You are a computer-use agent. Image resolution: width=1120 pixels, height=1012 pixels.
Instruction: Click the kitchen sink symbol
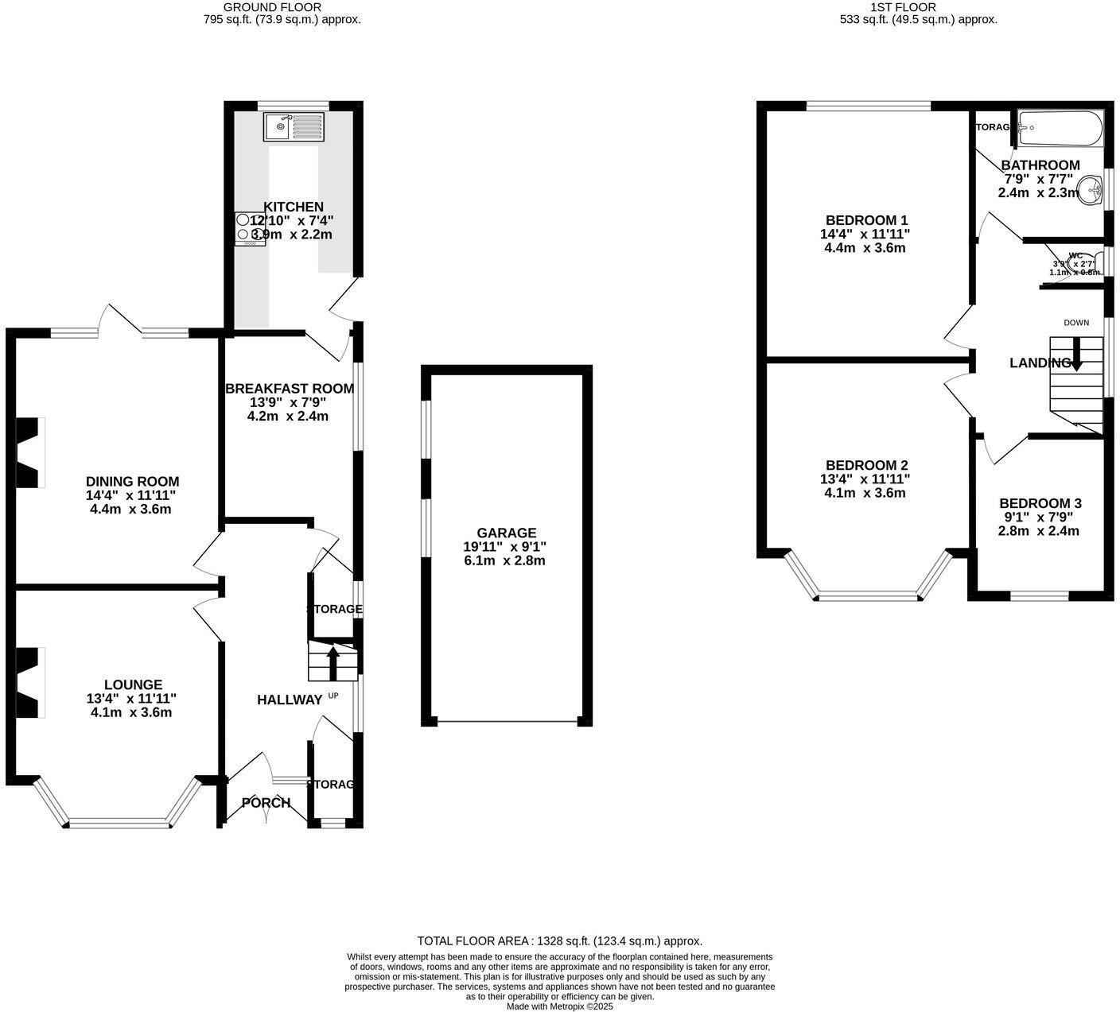tap(294, 127)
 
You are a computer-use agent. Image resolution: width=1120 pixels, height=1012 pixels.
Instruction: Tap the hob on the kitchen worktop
tap(249, 229)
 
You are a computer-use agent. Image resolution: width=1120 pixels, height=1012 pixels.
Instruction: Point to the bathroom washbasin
tap(1090, 190)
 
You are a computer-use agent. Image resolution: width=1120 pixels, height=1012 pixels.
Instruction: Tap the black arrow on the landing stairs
tap(1075, 355)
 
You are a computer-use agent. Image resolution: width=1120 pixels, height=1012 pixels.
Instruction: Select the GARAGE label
tap(506, 533)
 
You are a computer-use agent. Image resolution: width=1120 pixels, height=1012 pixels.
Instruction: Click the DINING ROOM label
tap(132, 482)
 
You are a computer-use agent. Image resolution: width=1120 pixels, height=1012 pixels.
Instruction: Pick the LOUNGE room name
tap(133, 684)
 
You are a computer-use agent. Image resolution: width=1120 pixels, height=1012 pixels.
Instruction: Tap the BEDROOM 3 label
tap(1040, 503)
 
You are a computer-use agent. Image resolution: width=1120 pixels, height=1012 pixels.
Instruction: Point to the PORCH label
tap(266, 803)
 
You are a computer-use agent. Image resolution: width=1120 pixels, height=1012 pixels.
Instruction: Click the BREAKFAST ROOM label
tap(290, 389)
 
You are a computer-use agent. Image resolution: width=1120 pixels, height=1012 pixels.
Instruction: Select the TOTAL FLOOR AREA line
tap(559, 940)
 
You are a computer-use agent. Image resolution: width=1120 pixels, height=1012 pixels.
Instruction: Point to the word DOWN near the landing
tap(1076, 323)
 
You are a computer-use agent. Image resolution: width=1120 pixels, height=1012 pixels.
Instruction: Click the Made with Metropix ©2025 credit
tap(560, 1006)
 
